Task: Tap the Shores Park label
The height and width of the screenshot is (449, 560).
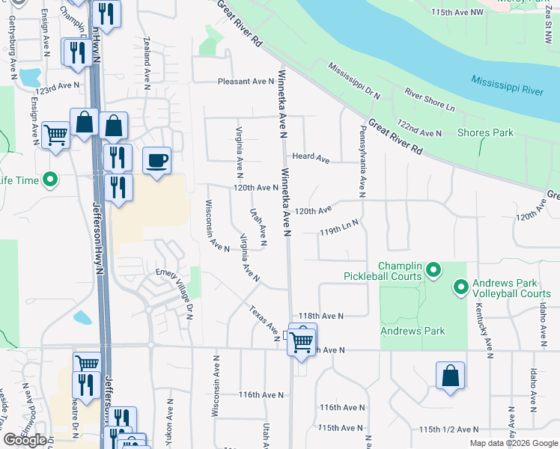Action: [x=485, y=132]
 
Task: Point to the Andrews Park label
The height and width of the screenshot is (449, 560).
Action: [x=413, y=331]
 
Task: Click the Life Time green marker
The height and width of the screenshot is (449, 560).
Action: [x=50, y=180]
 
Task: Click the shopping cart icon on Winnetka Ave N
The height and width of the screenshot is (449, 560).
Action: [x=301, y=340]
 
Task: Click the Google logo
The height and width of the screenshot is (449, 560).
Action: [x=24, y=440]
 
